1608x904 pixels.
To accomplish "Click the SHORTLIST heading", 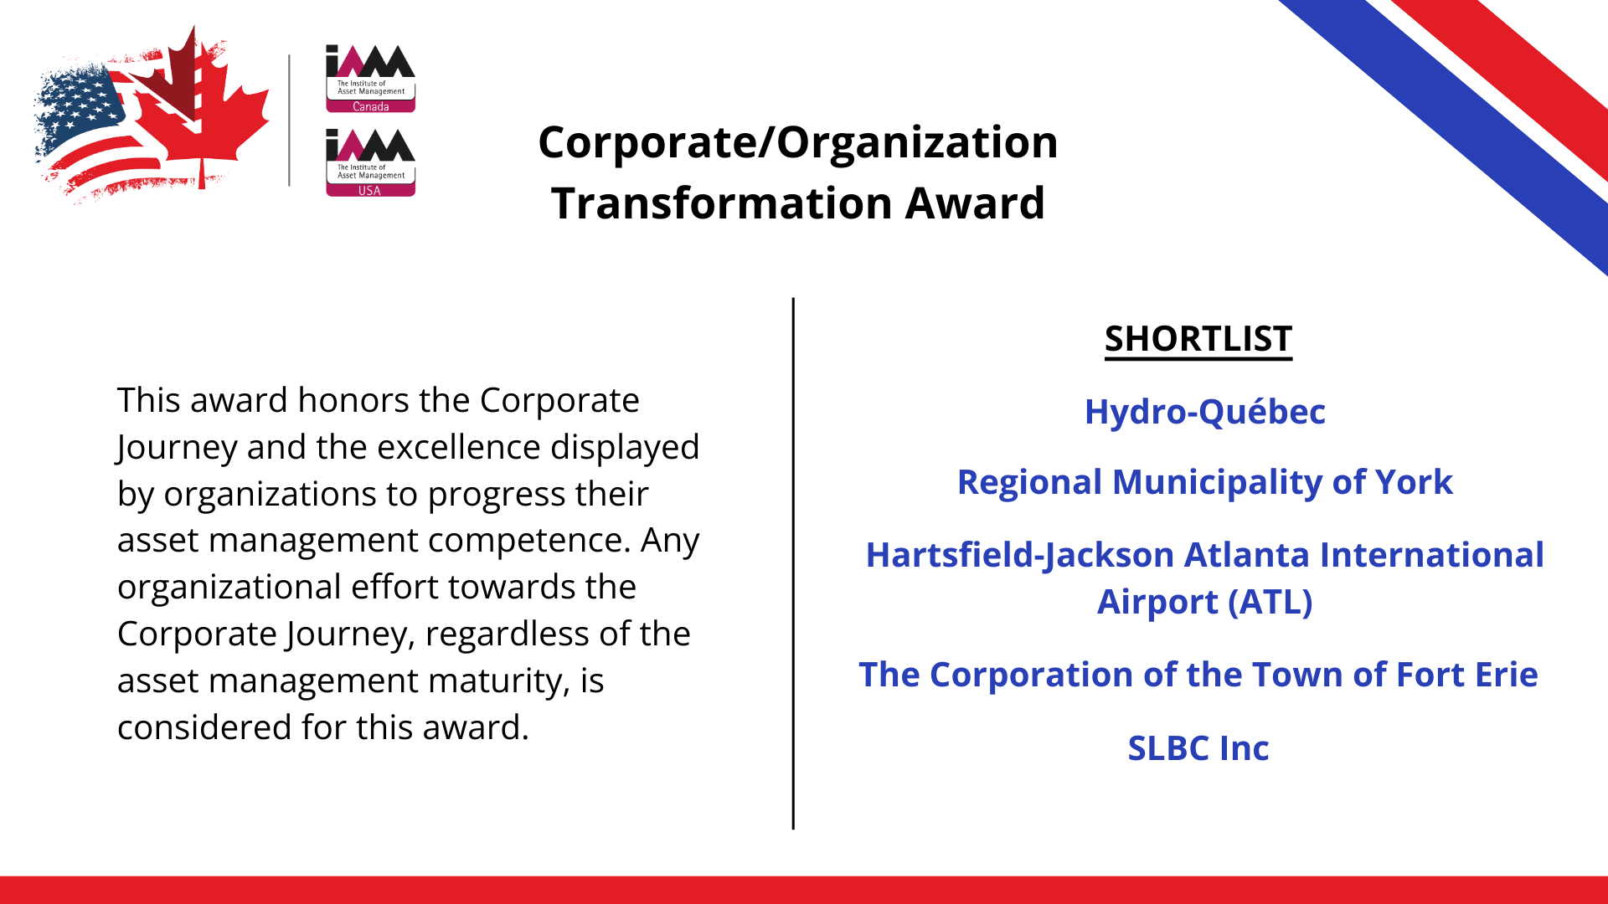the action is click(1198, 339).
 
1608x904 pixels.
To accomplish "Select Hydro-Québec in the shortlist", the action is click(1205, 412).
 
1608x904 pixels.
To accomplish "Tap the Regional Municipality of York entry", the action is click(1205, 483).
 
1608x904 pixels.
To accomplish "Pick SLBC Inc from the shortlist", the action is click(1198, 748).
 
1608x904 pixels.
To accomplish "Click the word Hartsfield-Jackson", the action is click(1020, 556).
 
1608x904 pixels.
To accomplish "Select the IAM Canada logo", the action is click(370, 79).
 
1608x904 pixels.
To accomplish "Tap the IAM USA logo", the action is click(370, 162).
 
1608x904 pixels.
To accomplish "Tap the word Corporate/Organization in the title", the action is click(798, 143).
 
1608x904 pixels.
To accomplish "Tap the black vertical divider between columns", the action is click(793, 563).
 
